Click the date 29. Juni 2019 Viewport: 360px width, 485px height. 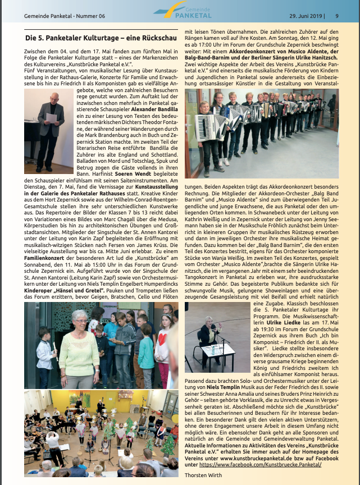(307, 16)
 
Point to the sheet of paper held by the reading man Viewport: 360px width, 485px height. (52, 118)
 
